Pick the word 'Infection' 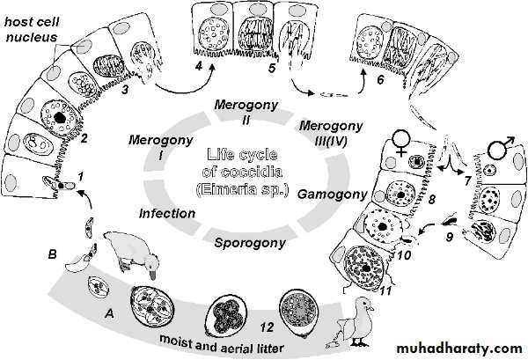[x=166, y=213]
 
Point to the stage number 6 [x=378, y=80]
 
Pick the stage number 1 [x=82, y=177]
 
